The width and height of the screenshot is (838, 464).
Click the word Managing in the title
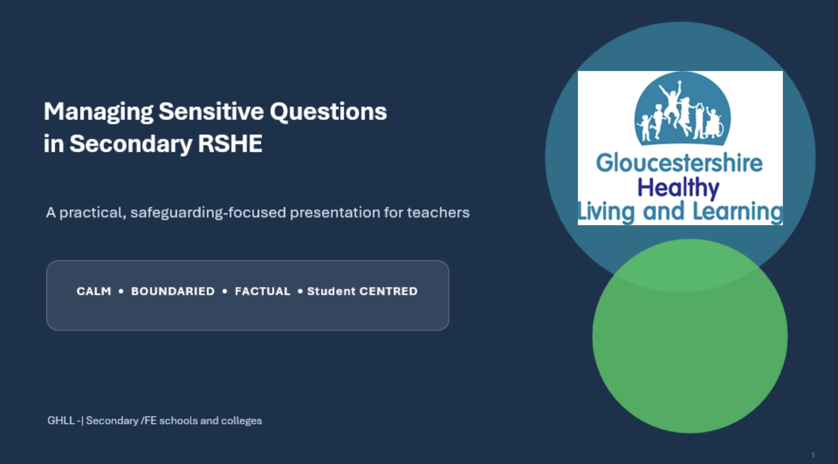tap(98, 112)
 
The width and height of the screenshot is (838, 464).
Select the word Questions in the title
tap(328, 112)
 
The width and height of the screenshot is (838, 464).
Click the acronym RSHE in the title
tap(230, 143)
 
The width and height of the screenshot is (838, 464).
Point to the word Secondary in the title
tap(131, 144)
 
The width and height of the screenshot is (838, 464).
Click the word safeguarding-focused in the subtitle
tap(208, 213)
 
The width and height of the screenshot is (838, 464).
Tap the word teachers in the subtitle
tap(438, 212)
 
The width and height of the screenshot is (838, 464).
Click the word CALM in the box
tap(94, 291)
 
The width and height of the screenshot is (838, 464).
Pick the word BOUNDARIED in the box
tap(173, 291)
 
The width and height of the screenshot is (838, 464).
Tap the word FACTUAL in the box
tap(262, 291)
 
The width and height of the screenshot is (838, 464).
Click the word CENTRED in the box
tap(388, 291)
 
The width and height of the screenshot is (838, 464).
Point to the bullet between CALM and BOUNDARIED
tap(121, 291)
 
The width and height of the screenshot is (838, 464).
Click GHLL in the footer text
tap(61, 420)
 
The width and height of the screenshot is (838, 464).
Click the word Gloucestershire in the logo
tap(679, 163)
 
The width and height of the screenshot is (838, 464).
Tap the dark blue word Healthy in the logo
tap(679, 188)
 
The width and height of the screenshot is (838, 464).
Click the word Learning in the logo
tap(737, 212)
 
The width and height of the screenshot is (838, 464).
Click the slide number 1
tap(813, 455)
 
